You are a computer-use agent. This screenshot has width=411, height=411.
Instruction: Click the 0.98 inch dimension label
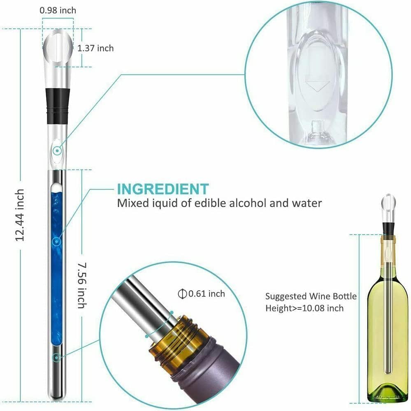pos(58,11)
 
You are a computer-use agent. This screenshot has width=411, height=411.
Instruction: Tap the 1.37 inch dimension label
pos(95,48)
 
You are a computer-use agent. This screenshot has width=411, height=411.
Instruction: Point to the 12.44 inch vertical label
pos(20,215)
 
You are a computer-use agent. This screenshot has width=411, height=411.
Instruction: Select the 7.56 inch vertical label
pos(82,285)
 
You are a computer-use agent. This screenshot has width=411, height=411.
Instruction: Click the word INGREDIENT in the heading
pos(163,189)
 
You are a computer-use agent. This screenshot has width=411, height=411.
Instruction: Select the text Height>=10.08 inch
pos(304,308)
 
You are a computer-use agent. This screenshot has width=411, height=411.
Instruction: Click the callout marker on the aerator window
pos(57,151)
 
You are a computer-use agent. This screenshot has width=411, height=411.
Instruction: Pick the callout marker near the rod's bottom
pos(56,358)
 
